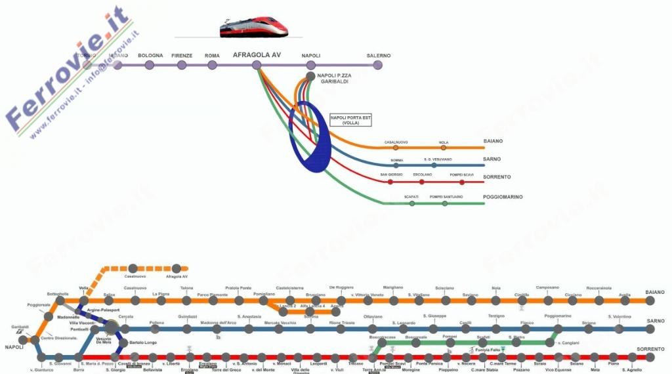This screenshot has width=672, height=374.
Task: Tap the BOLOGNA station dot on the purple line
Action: click(x=150, y=65)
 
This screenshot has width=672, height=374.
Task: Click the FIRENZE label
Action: click(x=182, y=56)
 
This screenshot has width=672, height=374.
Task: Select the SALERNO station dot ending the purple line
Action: click(x=378, y=65)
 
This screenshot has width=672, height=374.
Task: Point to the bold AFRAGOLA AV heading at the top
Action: click(x=257, y=55)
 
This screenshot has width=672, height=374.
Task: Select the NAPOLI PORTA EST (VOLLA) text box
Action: click(x=350, y=120)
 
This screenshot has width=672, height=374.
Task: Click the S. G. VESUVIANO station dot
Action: click(x=434, y=165)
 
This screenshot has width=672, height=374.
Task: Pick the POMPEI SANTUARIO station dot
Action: click(x=445, y=203)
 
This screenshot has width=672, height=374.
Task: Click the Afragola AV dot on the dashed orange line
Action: click(x=176, y=268)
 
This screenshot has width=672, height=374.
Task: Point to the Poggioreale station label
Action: click(x=39, y=305)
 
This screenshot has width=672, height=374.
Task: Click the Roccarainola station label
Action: click(x=598, y=288)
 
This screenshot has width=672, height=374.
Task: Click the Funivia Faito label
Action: click(x=488, y=350)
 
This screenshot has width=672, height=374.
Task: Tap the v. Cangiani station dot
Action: click(x=550, y=343)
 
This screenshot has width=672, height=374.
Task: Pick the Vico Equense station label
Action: click(x=558, y=370)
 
